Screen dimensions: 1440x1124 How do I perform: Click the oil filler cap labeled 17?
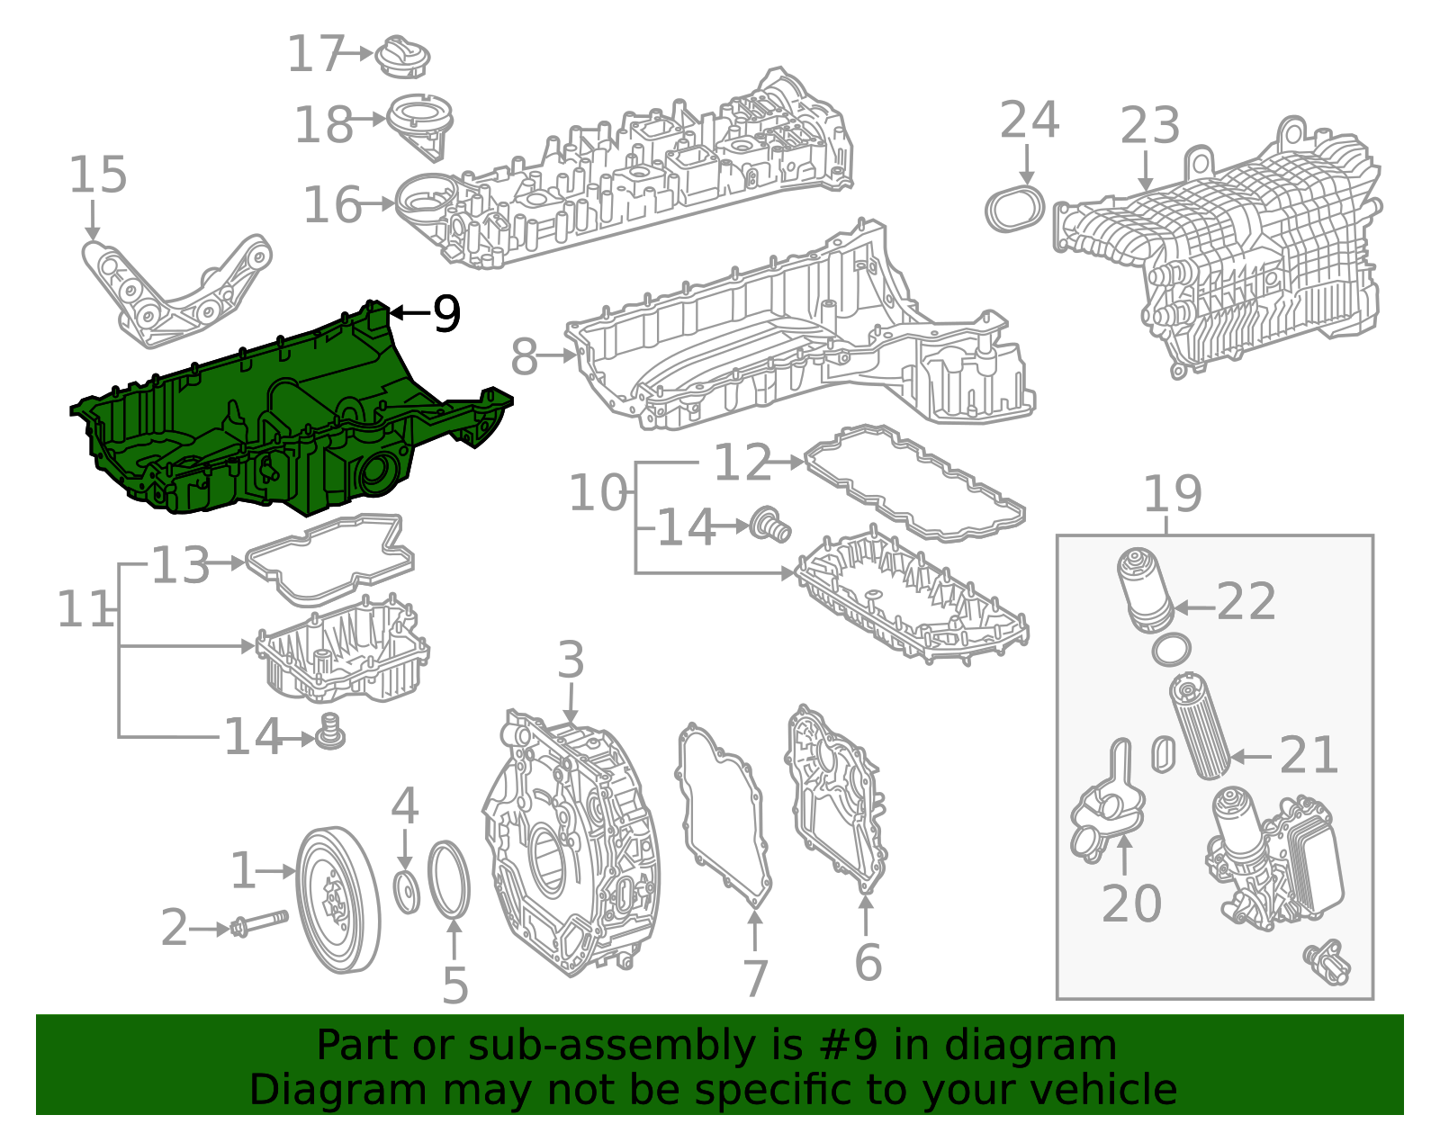click(402, 58)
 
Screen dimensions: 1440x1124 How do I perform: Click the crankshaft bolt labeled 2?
click(259, 924)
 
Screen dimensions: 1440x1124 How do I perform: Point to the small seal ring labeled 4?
click(406, 892)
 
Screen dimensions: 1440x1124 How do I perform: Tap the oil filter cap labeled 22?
click(1145, 589)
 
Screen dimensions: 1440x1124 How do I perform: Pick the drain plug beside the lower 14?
click(330, 733)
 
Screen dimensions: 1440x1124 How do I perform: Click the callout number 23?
click(1149, 125)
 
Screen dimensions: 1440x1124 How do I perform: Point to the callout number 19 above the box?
click(1173, 493)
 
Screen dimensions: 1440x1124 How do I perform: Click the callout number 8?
click(524, 356)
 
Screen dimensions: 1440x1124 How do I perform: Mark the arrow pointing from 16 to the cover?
click(378, 203)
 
